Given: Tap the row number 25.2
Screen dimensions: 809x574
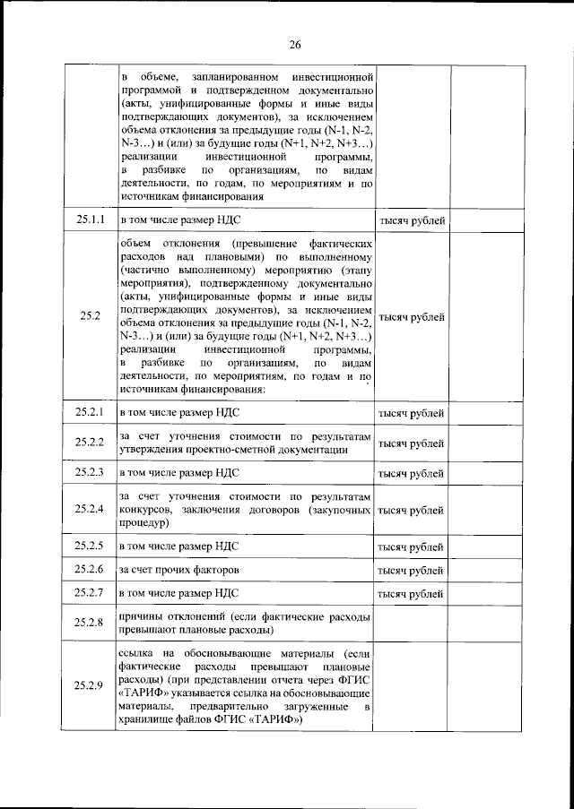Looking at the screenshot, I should (90, 316).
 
